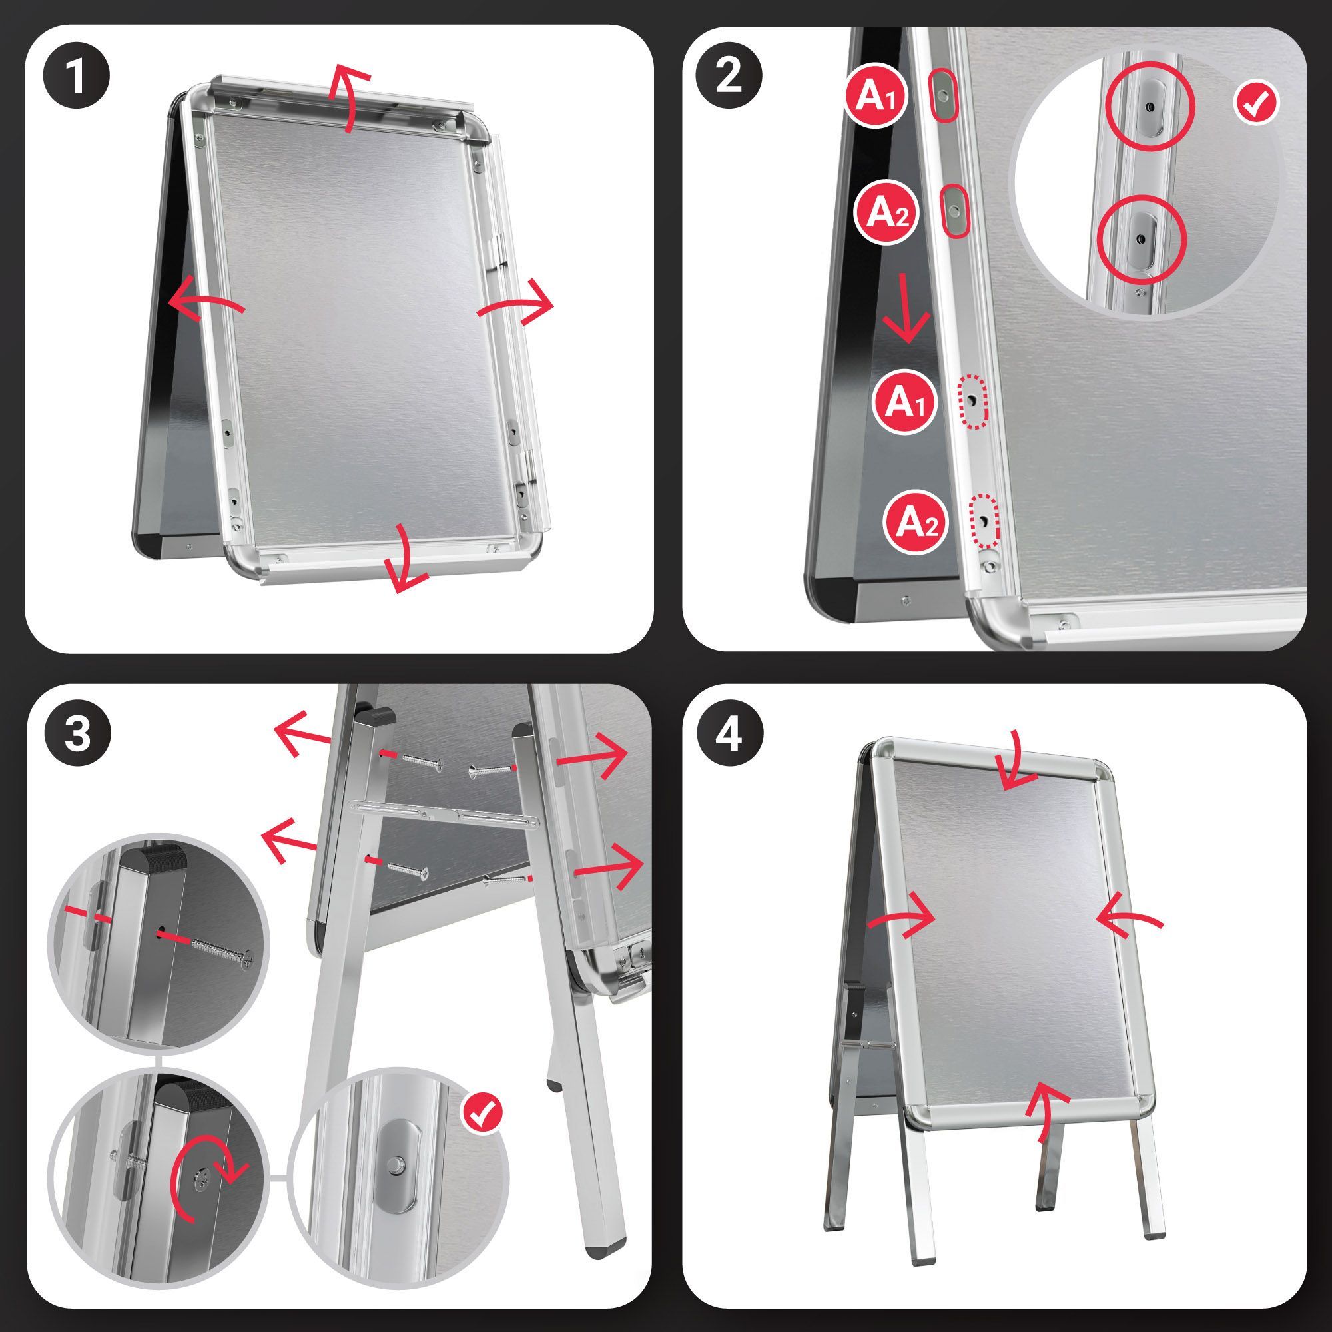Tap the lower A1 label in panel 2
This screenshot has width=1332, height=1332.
pyautogui.click(x=905, y=402)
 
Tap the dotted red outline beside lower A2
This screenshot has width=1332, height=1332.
pyautogui.click(x=983, y=519)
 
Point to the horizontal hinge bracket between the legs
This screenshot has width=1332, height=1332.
pyautogui.click(x=445, y=812)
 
